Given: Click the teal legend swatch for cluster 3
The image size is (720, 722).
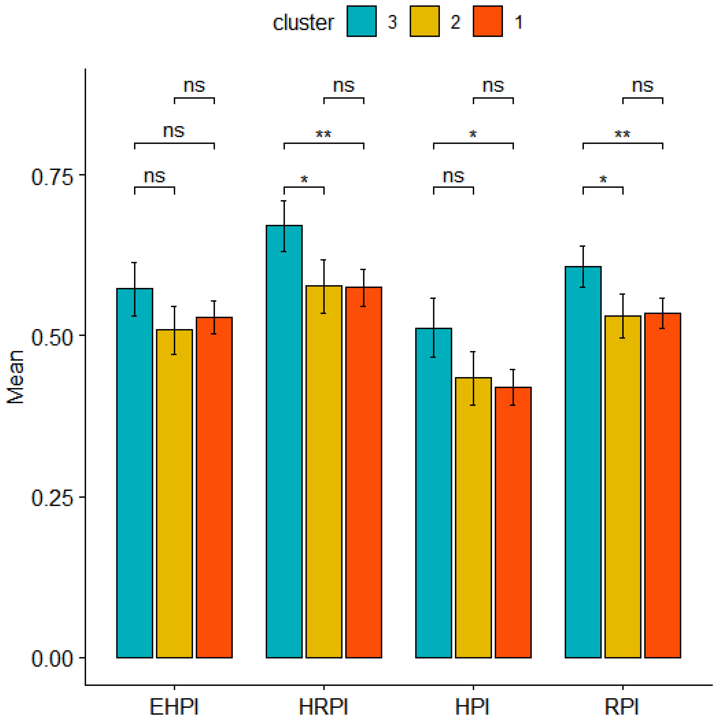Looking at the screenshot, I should [361, 21].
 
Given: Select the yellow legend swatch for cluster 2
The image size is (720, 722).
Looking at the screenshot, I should [424, 21].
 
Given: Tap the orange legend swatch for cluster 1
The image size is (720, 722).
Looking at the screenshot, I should [487, 21].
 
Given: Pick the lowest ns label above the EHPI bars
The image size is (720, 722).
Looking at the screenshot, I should [154, 176].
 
